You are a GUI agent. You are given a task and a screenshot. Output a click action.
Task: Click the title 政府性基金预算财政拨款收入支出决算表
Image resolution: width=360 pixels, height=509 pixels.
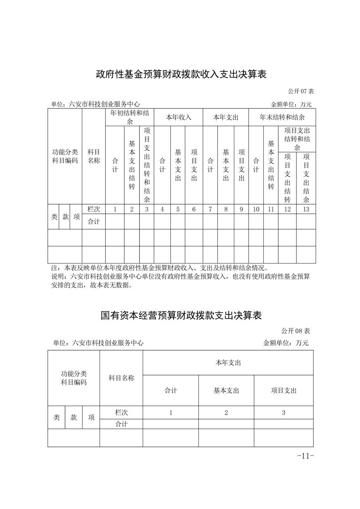(x=180, y=74)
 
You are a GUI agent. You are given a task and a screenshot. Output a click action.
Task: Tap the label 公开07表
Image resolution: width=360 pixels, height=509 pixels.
(x=301, y=91)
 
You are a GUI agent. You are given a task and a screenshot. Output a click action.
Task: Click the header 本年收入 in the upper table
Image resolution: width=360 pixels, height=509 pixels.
(x=178, y=117)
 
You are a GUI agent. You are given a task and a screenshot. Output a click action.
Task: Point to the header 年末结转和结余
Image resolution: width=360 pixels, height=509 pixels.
(x=282, y=117)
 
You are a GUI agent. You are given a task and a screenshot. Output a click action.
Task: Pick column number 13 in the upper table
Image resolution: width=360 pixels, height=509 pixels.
(x=306, y=209)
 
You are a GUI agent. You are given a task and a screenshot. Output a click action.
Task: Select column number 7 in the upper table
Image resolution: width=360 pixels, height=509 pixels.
(x=210, y=209)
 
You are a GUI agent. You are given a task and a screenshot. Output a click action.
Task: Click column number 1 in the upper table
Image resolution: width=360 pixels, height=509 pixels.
(x=115, y=209)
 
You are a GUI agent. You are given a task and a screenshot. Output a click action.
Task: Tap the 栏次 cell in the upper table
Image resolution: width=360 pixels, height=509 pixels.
(x=94, y=209)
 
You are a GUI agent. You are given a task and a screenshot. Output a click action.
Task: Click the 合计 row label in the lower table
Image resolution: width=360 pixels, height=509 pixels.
(x=121, y=424)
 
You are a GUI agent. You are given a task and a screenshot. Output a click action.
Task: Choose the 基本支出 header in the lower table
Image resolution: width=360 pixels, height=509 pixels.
(x=226, y=390)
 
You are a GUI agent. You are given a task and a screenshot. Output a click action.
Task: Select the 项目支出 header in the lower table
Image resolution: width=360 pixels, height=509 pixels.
(x=284, y=390)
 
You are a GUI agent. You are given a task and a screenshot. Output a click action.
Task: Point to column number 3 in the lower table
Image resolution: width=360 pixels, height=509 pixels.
(x=284, y=412)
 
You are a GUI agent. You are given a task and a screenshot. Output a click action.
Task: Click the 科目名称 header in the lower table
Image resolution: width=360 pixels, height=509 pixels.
(x=121, y=378)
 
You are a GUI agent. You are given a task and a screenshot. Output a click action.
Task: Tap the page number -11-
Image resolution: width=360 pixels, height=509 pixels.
(x=305, y=456)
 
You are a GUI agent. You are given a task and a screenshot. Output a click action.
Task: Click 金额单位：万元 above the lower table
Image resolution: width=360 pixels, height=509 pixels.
(x=286, y=343)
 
